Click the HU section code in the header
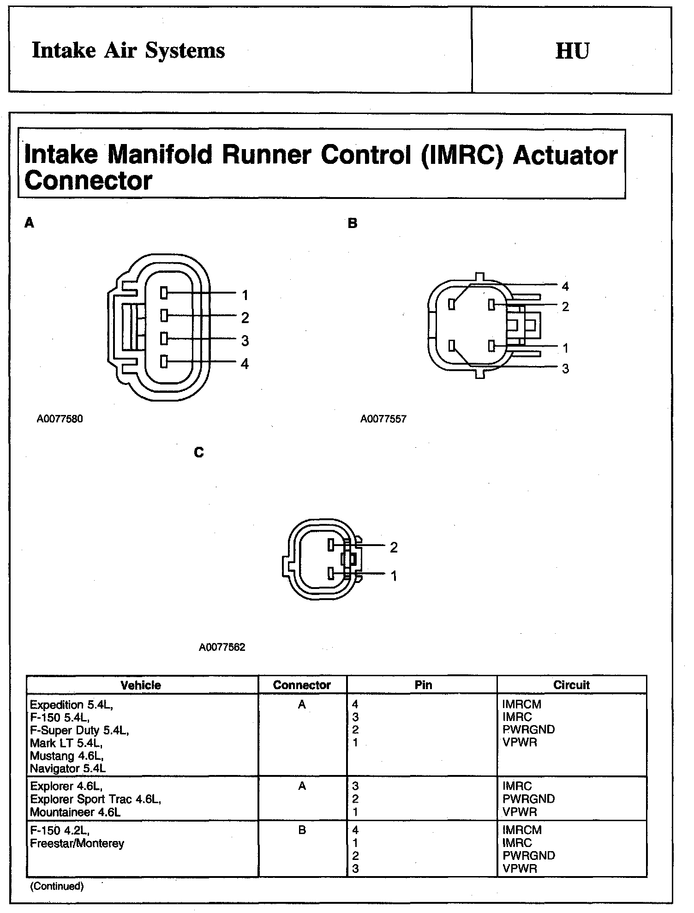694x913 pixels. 572,51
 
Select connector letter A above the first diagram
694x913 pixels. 30,223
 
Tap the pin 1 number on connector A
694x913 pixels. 245,295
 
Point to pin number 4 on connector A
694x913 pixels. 245,364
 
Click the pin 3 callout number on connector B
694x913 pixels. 565,369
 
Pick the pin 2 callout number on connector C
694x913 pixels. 394,547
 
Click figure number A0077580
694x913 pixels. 60,419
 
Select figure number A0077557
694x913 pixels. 383,419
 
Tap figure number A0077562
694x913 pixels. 222,647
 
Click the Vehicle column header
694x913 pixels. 141,685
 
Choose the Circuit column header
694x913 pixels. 571,685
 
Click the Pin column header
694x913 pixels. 423,685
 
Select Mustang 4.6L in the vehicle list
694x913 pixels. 66,756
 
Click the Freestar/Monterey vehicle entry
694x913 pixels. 77,843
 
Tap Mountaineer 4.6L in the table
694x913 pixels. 75,812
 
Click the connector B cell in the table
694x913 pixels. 302,830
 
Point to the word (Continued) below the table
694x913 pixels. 57,886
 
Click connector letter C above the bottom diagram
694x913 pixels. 199,453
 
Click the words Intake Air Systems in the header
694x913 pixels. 128,51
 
